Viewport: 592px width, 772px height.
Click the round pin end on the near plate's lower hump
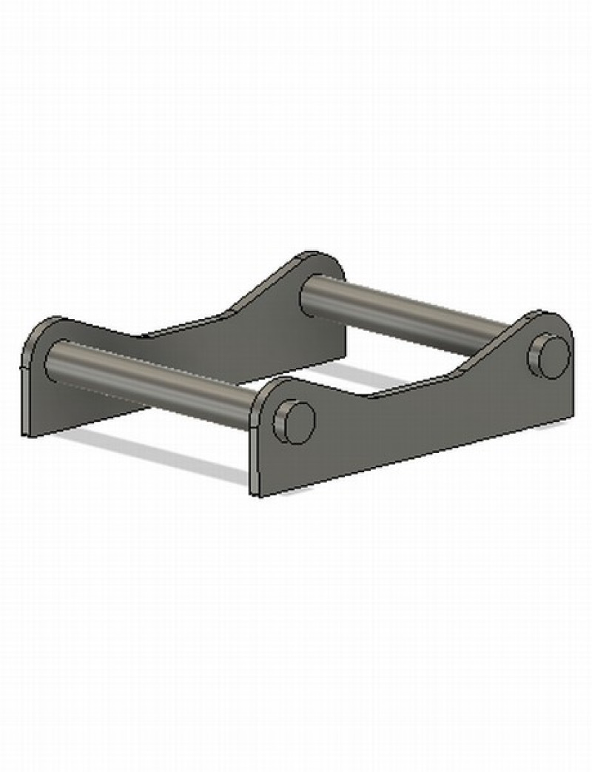[295, 422]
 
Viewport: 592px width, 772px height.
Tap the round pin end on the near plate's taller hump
[549, 357]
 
